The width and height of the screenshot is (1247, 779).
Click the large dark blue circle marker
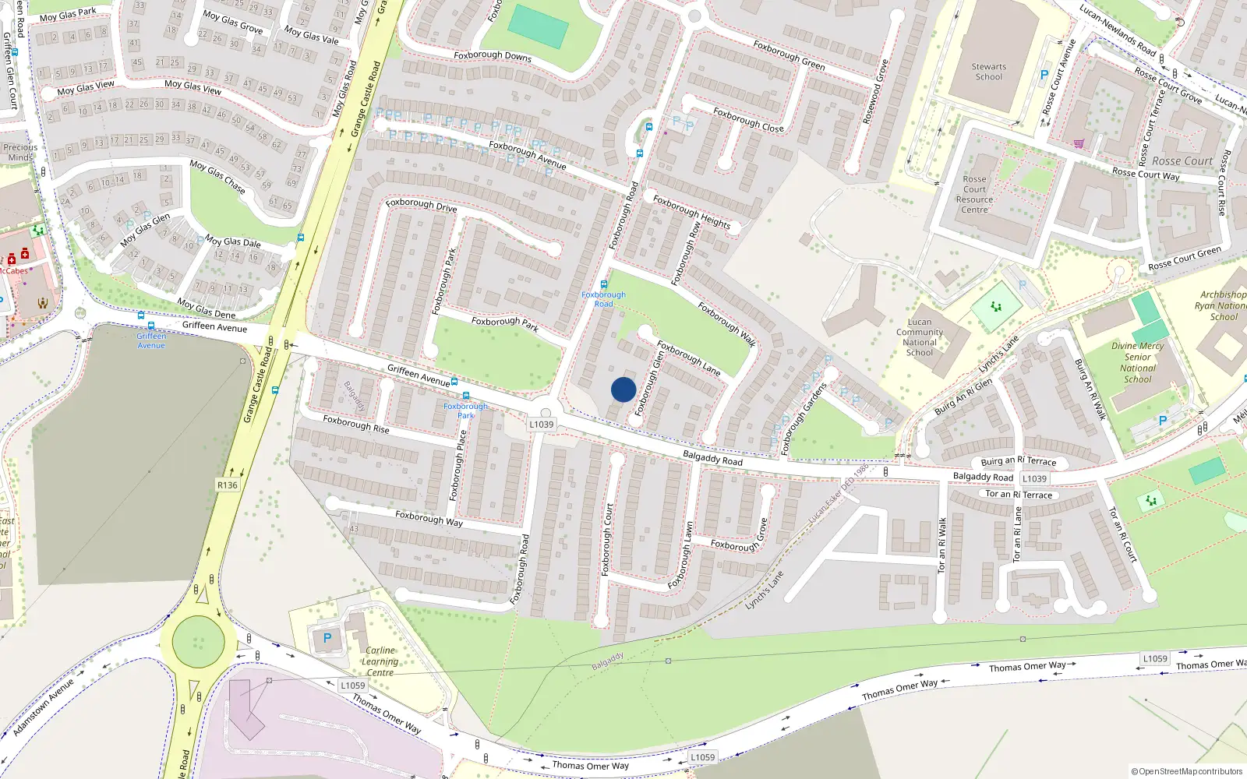coord(623,389)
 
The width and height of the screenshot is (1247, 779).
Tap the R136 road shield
coord(228,485)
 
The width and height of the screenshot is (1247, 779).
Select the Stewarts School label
coord(988,72)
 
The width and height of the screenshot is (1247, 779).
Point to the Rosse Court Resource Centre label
coord(974,195)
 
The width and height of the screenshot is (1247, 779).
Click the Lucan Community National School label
coord(920,337)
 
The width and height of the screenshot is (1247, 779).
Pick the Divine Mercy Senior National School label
coord(1138,362)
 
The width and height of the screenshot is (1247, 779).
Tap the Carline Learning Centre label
coord(380,661)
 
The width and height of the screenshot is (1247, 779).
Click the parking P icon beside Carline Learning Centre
coord(327,639)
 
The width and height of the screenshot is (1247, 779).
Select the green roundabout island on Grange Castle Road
coord(199,642)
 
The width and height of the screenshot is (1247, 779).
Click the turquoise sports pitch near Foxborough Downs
coord(538,27)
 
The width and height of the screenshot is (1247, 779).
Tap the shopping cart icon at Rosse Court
coord(1079,143)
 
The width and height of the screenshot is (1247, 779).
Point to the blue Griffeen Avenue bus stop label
coord(151,340)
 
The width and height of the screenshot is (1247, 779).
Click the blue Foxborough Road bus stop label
coord(603,299)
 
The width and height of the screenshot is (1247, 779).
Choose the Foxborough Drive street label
coord(421,206)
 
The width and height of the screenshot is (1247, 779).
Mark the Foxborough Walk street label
coord(726,323)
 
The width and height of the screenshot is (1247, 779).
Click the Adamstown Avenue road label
coord(43,707)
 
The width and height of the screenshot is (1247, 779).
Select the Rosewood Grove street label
coord(875,92)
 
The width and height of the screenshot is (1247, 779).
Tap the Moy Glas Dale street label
coord(232,241)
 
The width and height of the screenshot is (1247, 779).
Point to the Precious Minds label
coord(20,152)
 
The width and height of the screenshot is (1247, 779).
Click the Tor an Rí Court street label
coord(1123,534)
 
